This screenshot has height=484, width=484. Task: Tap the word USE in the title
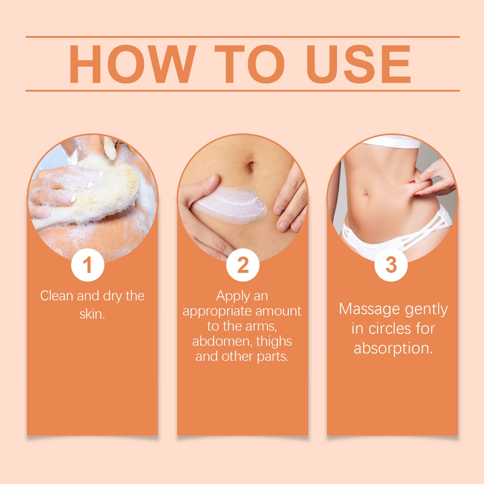pyautogui.click(x=358, y=64)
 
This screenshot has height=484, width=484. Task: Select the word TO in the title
pyautogui.click(x=250, y=64)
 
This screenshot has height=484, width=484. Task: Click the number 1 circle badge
pyautogui.click(x=88, y=265)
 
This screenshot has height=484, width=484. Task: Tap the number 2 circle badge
pyautogui.click(x=243, y=265)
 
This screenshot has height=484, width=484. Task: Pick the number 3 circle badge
pyautogui.click(x=391, y=265)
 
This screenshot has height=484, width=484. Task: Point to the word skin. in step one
pyautogui.click(x=92, y=314)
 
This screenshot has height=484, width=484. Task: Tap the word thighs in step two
pyautogui.click(x=274, y=342)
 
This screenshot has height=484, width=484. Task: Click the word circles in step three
pyautogui.click(x=390, y=329)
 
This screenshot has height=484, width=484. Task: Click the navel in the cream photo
pyautogui.click(x=251, y=166)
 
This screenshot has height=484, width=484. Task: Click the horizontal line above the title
pyautogui.click(x=243, y=37)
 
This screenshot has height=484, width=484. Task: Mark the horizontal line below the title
pyautogui.click(x=243, y=90)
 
